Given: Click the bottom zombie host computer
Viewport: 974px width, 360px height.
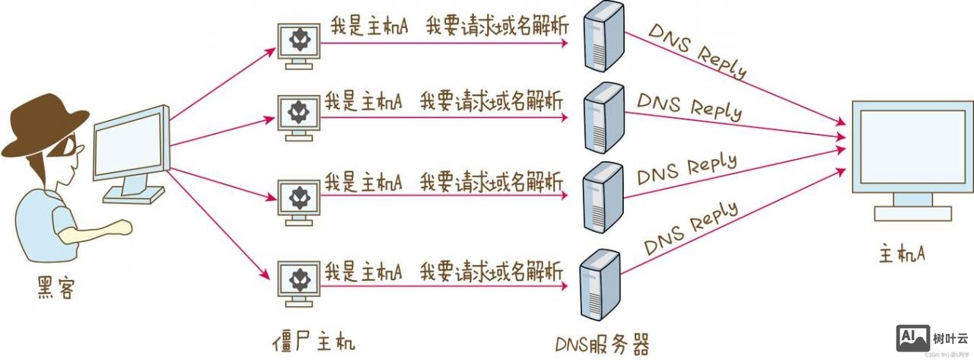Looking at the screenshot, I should pos(298,281).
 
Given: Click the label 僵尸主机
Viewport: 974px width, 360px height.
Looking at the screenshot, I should pos(313,339).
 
